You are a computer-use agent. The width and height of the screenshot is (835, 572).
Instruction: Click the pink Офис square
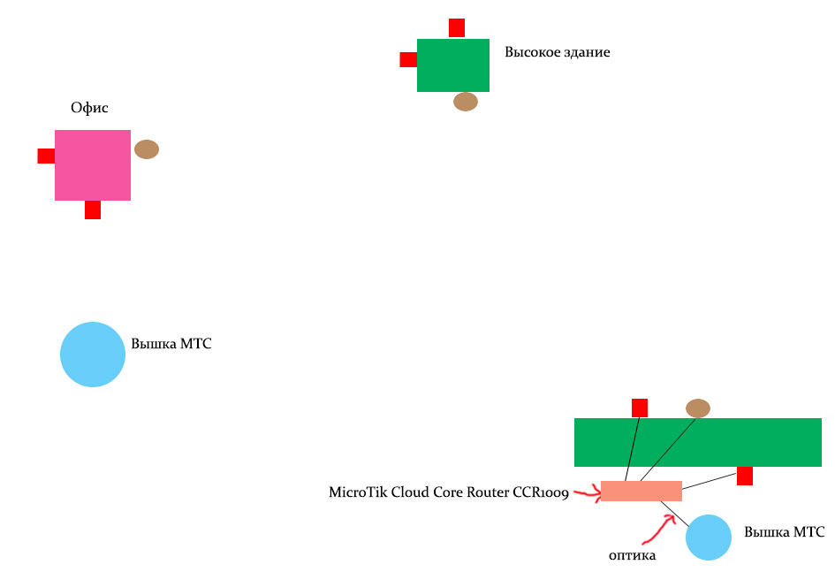(93, 165)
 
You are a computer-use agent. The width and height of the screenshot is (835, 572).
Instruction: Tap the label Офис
(89, 108)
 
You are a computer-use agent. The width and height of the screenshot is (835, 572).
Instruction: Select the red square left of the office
(46, 156)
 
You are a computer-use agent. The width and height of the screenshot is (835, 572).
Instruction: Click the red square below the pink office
(93, 210)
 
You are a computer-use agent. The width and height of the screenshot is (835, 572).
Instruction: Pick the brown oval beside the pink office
(147, 149)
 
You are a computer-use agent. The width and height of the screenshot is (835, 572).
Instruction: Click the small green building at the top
(453, 65)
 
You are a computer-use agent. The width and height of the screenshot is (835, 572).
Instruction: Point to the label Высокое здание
(557, 52)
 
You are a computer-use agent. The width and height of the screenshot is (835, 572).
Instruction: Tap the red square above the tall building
(457, 27)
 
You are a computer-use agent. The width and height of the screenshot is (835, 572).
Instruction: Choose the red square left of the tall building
(408, 59)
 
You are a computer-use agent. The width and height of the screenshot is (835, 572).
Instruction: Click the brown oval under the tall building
(466, 102)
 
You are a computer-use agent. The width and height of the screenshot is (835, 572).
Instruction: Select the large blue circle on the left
(93, 355)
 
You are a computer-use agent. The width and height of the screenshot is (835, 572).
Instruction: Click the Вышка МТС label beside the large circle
(171, 344)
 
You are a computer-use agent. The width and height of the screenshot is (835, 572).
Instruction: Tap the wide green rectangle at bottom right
(698, 442)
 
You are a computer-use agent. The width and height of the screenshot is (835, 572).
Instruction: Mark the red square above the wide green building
(640, 408)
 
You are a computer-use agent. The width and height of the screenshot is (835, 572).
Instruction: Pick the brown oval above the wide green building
(698, 408)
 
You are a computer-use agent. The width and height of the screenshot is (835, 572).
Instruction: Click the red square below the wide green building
(745, 477)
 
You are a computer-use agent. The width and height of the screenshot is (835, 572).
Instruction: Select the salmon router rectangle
(641, 491)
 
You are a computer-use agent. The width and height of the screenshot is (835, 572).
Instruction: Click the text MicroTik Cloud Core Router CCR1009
(448, 492)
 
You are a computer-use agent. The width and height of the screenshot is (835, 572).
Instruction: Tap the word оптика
(632, 555)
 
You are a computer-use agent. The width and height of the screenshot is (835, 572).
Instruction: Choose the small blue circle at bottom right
(709, 538)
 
